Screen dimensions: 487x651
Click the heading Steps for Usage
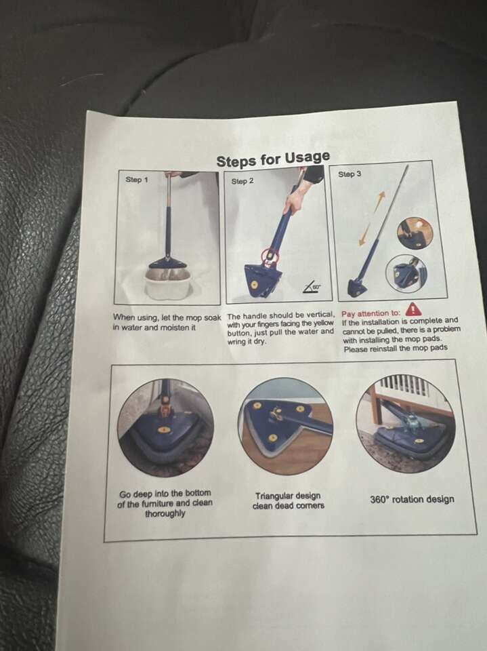(x=274, y=159)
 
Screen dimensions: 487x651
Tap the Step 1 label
(x=136, y=180)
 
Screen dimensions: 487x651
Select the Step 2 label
(x=242, y=182)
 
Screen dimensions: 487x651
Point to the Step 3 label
(x=350, y=174)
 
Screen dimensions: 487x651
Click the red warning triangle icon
(x=413, y=309)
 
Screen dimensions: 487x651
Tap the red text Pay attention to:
(x=371, y=313)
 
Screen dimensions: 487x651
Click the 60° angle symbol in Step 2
(x=312, y=287)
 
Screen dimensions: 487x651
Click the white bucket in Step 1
(x=167, y=281)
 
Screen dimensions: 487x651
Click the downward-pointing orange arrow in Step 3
(x=364, y=235)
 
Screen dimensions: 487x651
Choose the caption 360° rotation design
(x=412, y=499)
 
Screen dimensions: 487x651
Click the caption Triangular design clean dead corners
(x=289, y=500)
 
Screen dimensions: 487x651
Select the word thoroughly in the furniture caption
(x=165, y=513)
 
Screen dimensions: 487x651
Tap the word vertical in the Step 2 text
(x=320, y=315)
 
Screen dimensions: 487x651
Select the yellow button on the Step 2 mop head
(x=254, y=284)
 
